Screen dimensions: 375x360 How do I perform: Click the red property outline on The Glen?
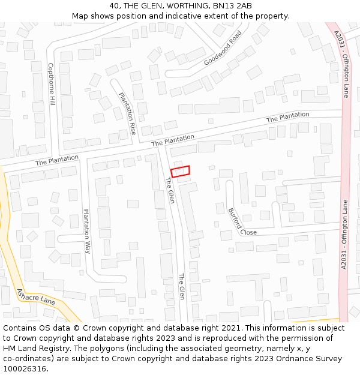(180, 171)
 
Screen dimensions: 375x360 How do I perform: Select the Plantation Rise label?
(127, 113)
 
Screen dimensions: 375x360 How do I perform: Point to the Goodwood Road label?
(223, 48)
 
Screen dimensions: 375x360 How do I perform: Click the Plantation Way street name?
(87, 231)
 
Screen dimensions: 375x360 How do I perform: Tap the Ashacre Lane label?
(36, 297)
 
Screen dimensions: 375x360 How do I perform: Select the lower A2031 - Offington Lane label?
(344, 234)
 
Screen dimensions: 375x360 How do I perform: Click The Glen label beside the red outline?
(169, 190)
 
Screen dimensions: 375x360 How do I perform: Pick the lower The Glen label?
(181, 286)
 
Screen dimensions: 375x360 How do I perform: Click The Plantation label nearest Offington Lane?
(288, 117)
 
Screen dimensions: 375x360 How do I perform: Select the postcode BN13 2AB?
(230, 6)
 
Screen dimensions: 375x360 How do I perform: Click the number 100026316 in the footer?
(24, 368)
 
